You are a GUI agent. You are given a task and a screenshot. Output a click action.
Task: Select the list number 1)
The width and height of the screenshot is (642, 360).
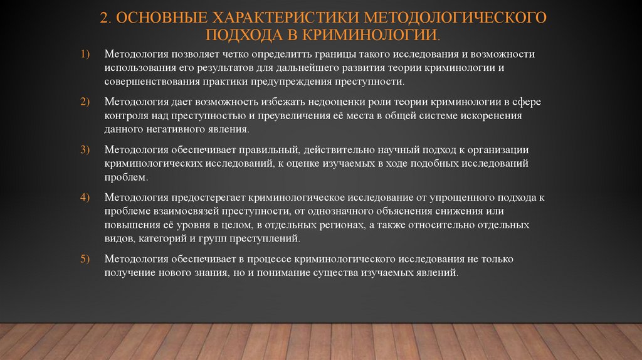point(85,55)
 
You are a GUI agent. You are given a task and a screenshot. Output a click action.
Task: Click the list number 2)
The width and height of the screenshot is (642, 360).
point(85,102)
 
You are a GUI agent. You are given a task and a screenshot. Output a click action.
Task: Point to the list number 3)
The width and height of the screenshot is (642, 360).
point(85,149)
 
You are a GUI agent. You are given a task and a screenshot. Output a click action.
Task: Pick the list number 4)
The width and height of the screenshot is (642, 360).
point(85,197)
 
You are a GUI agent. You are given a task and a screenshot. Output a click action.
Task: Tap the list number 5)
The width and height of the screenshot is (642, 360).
point(85,259)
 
